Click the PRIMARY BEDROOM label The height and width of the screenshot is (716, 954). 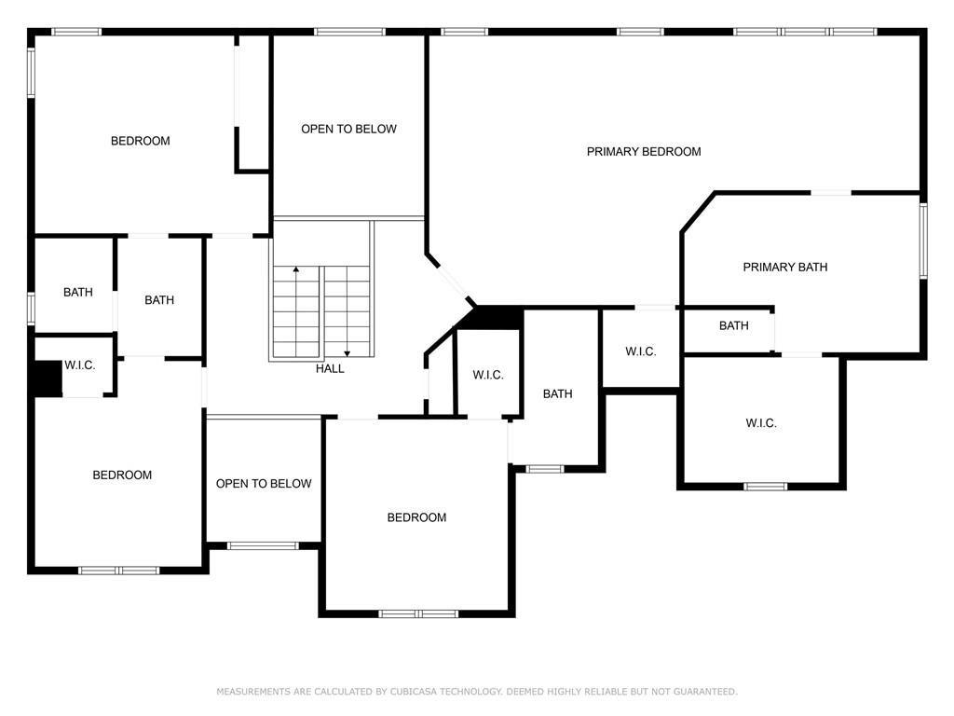(644, 152)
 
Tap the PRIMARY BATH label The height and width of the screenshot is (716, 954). (784, 267)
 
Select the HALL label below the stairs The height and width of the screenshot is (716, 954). (330, 368)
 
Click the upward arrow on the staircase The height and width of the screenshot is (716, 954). (295, 310)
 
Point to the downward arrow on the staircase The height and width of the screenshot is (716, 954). (347, 311)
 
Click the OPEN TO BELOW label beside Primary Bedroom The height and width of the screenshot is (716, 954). (348, 129)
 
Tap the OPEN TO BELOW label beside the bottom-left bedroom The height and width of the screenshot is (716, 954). (264, 484)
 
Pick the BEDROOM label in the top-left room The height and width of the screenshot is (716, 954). (140, 141)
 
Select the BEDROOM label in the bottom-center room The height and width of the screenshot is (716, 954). (416, 517)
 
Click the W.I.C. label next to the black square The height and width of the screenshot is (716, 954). (80, 365)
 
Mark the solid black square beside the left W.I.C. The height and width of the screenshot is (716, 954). (48, 379)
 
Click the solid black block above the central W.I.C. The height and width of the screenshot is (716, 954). (498, 318)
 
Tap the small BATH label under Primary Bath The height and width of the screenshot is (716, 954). (734, 325)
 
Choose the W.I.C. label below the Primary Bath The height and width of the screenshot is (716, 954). (761, 423)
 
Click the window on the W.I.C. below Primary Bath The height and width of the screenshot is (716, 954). (766, 487)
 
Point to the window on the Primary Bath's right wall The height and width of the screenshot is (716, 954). (923, 241)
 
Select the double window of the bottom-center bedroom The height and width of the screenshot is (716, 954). (418, 613)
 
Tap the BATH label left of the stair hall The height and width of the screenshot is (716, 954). (159, 300)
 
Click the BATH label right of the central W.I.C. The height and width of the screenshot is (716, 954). (557, 394)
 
